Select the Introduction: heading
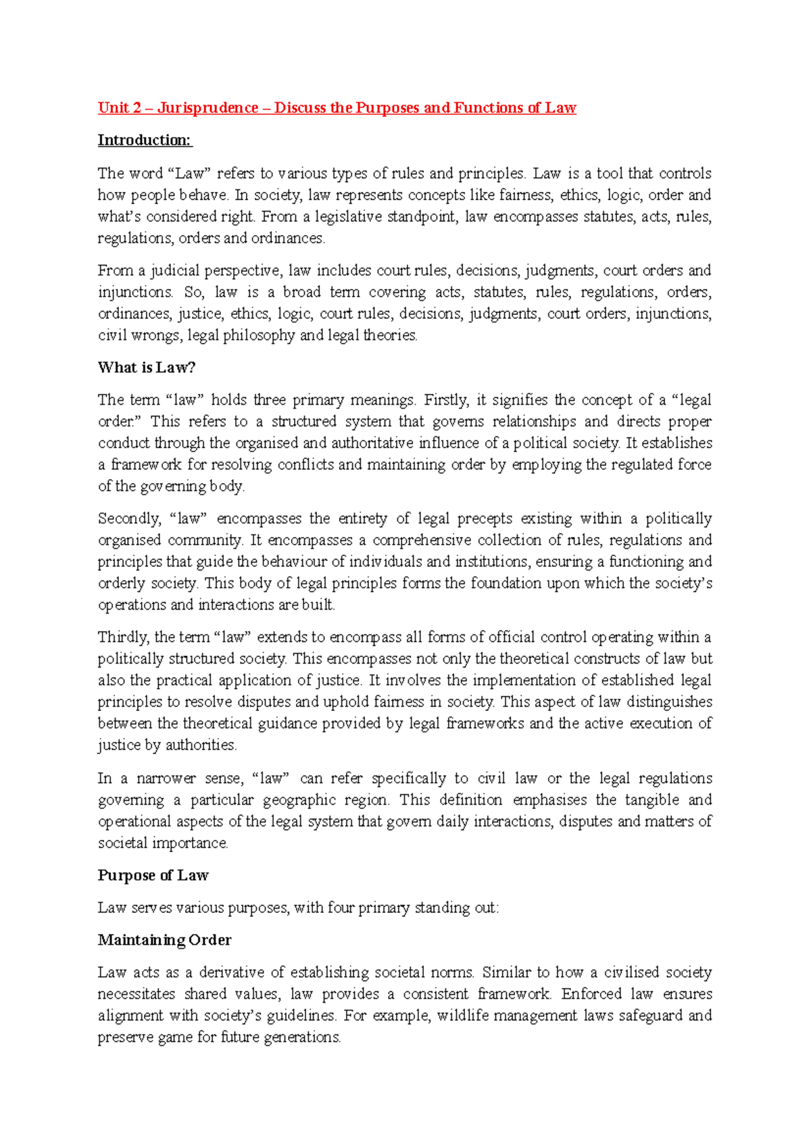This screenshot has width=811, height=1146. tap(145, 141)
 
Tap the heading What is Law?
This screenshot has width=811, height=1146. tap(147, 368)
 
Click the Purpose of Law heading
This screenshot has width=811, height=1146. tap(153, 876)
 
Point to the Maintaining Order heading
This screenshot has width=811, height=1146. tap(164, 941)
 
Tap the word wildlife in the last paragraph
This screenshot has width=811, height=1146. tap(462, 1016)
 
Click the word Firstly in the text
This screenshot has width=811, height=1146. tap(446, 400)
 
